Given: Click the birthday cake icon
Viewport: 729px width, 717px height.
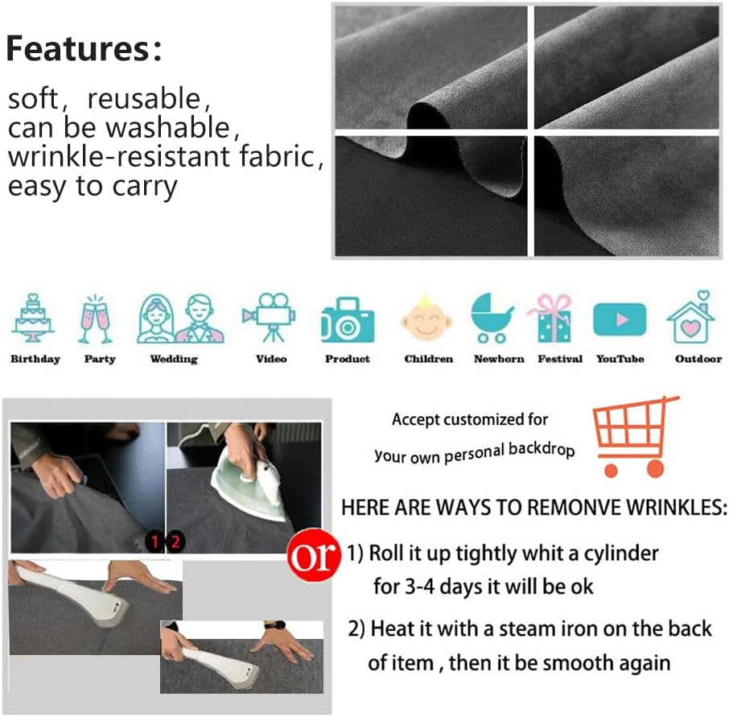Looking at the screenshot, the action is [x=33, y=318].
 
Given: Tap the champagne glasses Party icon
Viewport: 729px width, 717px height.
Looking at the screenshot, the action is [x=95, y=319].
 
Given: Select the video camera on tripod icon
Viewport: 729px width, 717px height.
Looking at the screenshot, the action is [x=269, y=318].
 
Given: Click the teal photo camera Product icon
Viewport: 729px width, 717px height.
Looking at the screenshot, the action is [x=348, y=320].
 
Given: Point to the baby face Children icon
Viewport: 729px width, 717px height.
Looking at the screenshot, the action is [x=426, y=318].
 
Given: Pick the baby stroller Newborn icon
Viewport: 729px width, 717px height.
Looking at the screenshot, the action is [x=492, y=318].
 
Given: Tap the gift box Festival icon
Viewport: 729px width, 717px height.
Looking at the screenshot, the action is [x=551, y=319].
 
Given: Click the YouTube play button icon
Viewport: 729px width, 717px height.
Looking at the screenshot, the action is [x=620, y=319].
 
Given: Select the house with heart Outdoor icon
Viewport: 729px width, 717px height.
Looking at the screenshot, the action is [x=691, y=317].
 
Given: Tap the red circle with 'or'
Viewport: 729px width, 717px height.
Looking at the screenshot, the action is [x=312, y=555].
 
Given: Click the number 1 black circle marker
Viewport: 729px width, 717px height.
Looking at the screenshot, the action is [x=154, y=542].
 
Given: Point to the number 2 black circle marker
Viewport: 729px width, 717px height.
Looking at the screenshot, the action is [x=175, y=542].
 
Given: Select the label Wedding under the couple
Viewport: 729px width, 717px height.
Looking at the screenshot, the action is [x=174, y=360].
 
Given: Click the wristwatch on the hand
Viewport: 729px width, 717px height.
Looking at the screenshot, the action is [x=274, y=625].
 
